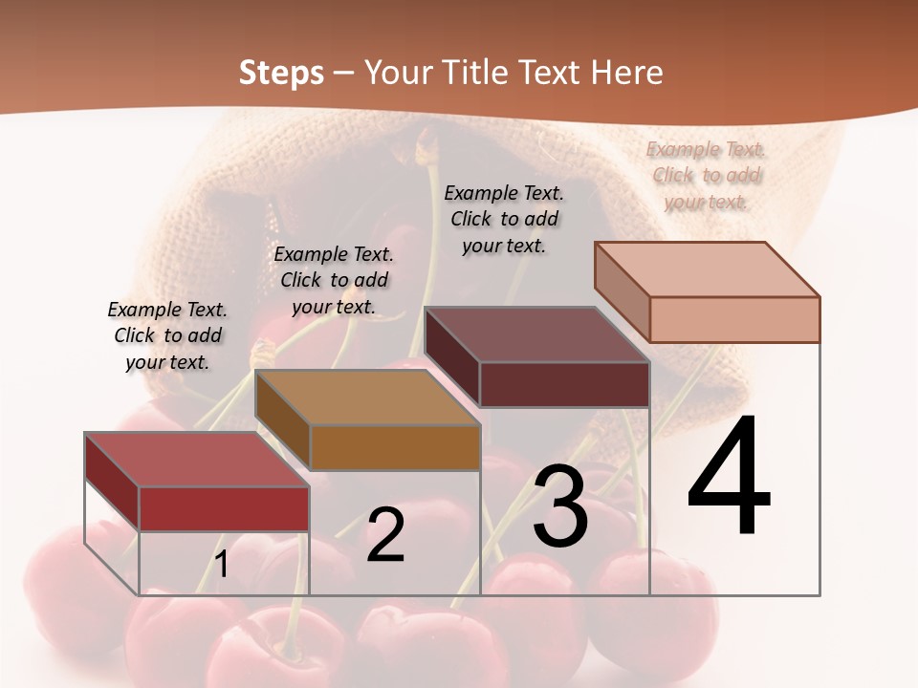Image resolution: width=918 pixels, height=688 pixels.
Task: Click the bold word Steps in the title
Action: [280, 73]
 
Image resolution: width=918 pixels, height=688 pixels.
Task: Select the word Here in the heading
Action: [626, 73]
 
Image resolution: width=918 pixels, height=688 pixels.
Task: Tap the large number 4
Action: [729, 477]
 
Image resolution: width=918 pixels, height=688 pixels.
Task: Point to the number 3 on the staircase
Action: [559, 506]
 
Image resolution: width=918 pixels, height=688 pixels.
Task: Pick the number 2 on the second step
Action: [385, 536]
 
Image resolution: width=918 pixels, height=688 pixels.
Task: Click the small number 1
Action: [222, 565]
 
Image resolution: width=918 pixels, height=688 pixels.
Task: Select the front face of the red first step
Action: [224, 509]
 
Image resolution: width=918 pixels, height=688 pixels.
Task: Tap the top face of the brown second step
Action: [367, 398]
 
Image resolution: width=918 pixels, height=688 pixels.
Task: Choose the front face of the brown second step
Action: [395, 447]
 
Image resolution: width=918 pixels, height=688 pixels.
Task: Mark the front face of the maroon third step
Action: [564, 384]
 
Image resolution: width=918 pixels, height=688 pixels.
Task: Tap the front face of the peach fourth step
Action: [734, 319]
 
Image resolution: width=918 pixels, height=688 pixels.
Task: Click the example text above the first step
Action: [167, 335]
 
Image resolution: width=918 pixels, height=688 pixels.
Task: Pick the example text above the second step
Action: [334, 280]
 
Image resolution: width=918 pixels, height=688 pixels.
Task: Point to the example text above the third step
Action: [504, 219]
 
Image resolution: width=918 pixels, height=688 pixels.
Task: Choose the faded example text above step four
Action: [706, 175]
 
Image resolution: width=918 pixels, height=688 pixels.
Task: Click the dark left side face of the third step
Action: [451, 357]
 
